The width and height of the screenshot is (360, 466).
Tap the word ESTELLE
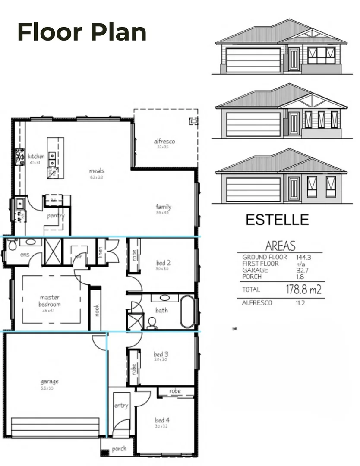(x=277, y=220)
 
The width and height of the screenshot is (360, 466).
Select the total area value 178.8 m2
(x=304, y=290)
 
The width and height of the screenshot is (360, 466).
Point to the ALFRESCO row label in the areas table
(x=257, y=303)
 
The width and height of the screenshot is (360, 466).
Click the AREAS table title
(x=280, y=246)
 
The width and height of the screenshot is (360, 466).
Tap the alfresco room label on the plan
(x=164, y=141)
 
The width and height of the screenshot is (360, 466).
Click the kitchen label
(x=36, y=156)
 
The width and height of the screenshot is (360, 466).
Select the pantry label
(x=56, y=215)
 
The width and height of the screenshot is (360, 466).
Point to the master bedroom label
(x=50, y=301)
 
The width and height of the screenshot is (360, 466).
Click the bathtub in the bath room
(x=187, y=311)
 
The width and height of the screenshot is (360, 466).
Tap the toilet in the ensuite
(x=12, y=245)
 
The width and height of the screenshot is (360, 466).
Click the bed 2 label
(x=163, y=262)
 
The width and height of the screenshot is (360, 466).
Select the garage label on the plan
(x=50, y=381)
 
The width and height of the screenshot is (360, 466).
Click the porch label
(x=119, y=449)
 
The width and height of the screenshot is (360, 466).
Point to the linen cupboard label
(x=101, y=251)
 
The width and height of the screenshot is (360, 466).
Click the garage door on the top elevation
(x=253, y=60)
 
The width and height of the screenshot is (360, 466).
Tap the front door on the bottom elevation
(x=294, y=189)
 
